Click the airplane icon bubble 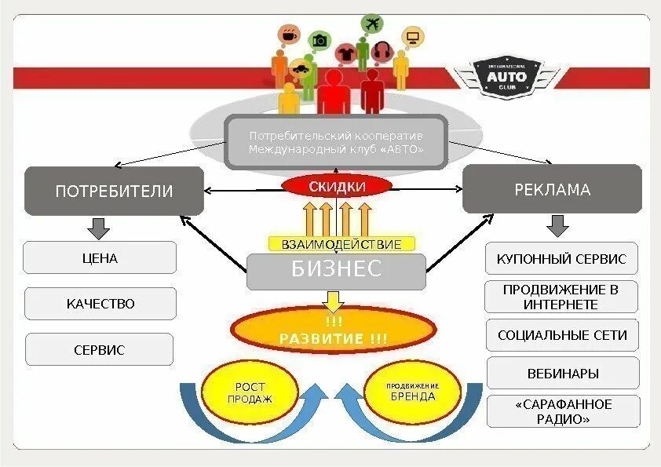pyautogui.click(x=371, y=23)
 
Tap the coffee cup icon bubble pyautogui.click(x=289, y=35)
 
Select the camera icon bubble pyautogui.click(x=320, y=40)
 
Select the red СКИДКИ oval pyautogui.click(x=337, y=186)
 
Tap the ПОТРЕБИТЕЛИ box pyautogui.click(x=114, y=190)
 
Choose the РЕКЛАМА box pyautogui.click(x=552, y=189)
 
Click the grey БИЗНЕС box pyautogui.click(x=337, y=271)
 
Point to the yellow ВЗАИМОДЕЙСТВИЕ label pyautogui.click(x=341, y=244)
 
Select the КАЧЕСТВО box pyautogui.click(x=100, y=304)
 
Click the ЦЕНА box pyautogui.click(x=100, y=257)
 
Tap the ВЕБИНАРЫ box pyautogui.click(x=563, y=374)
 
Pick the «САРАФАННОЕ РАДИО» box pyautogui.click(x=563, y=411)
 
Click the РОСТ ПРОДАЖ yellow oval pyautogui.click(x=250, y=392)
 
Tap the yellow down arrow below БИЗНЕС pyautogui.click(x=334, y=301)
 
